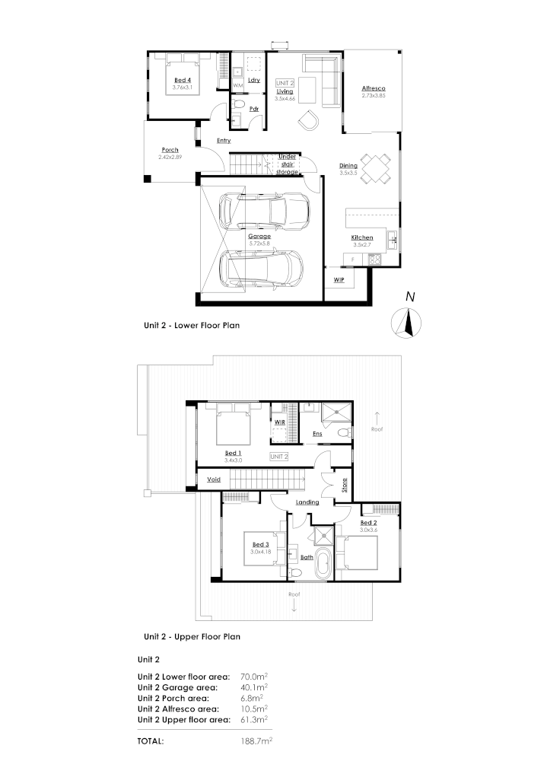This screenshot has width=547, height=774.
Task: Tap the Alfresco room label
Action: [x=374, y=88]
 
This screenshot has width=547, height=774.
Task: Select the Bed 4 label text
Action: [x=183, y=80]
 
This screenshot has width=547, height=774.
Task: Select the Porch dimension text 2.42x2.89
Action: [x=170, y=157]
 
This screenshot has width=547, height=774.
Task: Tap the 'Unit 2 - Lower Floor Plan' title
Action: [x=192, y=323]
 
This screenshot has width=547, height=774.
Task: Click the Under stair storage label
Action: [x=287, y=164]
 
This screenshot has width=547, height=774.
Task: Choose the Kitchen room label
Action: [x=361, y=238]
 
